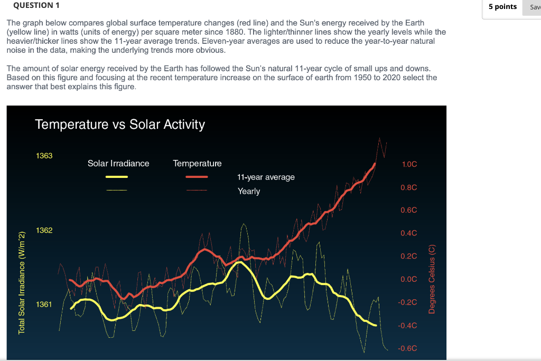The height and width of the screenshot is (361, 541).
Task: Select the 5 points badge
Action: pos(502,7)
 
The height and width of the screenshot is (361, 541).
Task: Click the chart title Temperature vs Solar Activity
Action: pos(119,125)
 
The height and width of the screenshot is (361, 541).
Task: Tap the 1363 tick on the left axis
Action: pos(44,156)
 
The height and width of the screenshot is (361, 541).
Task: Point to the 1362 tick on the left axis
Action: pos(44,230)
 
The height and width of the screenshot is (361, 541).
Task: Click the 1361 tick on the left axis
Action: pos(44,305)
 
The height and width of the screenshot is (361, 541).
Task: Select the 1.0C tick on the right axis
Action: pos(409,164)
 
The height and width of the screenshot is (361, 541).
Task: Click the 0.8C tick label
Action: pos(409,187)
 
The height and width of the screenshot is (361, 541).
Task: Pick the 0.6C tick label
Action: pos(409,210)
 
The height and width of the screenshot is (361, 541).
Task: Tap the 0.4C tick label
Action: pos(409,233)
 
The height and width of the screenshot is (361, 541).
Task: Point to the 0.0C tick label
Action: pos(409,279)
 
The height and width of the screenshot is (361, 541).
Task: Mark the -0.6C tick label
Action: pos(407,348)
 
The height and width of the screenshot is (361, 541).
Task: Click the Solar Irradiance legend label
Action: pos(118,164)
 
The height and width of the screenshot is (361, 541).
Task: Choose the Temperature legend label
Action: pos(197,164)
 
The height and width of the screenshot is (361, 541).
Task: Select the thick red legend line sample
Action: pos(197,177)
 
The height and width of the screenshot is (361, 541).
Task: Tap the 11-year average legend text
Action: pos(266,177)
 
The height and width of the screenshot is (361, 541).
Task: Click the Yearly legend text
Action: pos(248,191)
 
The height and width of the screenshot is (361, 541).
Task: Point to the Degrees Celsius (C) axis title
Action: pos(432,279)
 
